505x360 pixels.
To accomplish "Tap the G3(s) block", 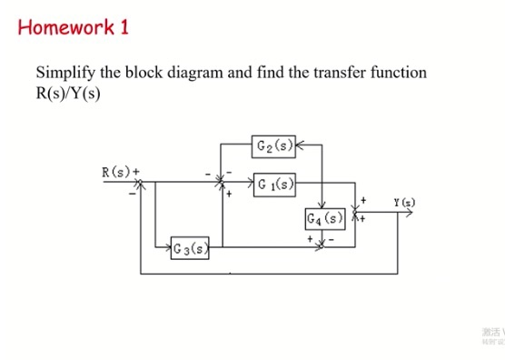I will [x=189, y=246].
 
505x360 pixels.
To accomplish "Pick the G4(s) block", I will [x=324, y=219].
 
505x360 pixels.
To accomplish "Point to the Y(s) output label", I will [x=405, y=202].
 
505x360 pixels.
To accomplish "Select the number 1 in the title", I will [x=124, y=26].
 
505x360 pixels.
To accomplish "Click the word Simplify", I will [x=66, y=73].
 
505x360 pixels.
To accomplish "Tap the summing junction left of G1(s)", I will [x=221, y=184].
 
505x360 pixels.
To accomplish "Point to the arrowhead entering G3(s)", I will [x=169, y=246].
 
